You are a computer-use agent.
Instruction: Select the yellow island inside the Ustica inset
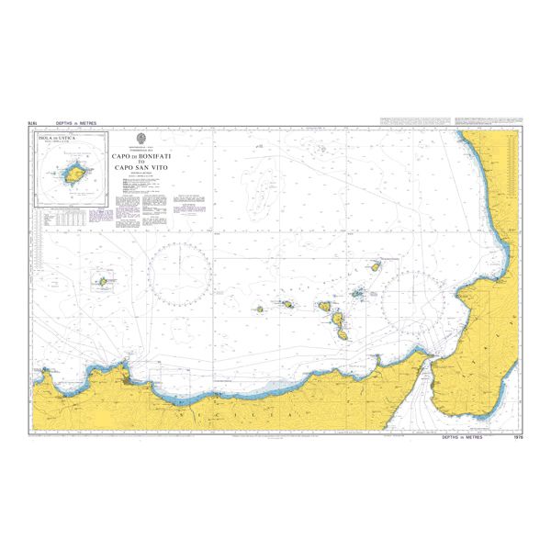click(x=73, y=173)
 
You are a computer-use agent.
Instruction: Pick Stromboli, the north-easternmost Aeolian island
click(x=376, y=267)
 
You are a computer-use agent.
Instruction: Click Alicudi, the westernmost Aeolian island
click(x=261, y=309)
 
